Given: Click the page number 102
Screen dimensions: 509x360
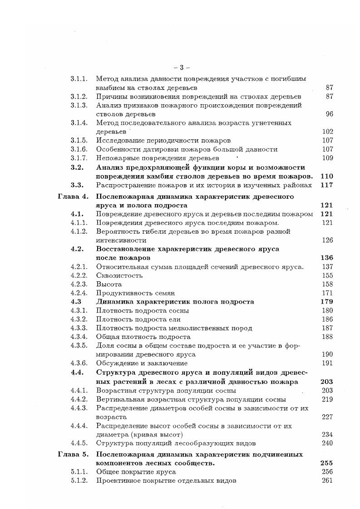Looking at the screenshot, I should [x=327, y=132].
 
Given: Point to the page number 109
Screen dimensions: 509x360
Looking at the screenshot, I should [x=327, y=158].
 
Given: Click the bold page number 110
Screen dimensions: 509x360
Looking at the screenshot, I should [x=327, y=176].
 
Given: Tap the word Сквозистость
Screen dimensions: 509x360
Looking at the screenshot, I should [x=119, y=275].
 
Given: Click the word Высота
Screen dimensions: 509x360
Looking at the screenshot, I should [x=109, y=284].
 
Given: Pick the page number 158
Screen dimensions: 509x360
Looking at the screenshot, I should [x=327, y=284].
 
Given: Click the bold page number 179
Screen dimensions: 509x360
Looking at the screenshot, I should [x=327, y=302].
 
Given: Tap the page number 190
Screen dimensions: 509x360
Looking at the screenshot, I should [x=327, y=354].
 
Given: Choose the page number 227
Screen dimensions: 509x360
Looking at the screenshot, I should [x=327, y=417].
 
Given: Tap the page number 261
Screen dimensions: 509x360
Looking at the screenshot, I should [x=327, y=480].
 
